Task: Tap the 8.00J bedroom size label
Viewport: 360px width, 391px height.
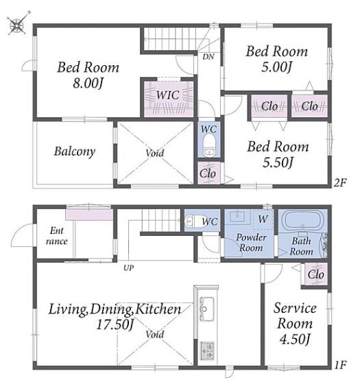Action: (x=88, y=83)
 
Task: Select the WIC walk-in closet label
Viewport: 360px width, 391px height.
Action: (x=168, y=95)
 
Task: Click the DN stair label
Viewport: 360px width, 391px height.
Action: (x=208, y=57)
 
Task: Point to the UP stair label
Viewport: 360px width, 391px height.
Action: (x=129, y=268)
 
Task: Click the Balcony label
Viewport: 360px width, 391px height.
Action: (x=75, y=152)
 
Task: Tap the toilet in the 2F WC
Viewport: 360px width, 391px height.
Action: (x=209, y=145)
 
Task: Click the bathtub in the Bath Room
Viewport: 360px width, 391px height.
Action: (x=302, y=220)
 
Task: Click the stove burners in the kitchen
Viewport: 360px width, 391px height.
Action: (x=207, y=351)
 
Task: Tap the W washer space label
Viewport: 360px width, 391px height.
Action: (x=263, y=220)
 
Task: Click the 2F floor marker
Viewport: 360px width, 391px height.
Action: (x=340, y=183)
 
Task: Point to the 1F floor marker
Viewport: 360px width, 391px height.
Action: (x=340, y=365)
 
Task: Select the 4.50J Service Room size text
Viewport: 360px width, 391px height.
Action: (x=294, y=339)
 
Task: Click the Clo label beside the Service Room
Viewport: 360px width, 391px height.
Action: (x=315, y=274)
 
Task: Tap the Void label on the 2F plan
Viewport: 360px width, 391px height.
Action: (x=155, y=152)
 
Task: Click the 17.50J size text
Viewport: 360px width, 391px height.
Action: (x=115, y=324)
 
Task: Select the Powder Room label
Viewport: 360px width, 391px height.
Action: (x=251, y=242)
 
